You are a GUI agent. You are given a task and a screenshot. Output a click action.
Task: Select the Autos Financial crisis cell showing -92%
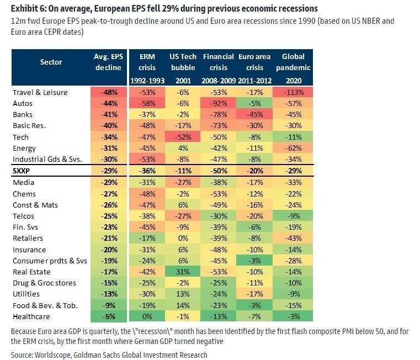coord(219,103)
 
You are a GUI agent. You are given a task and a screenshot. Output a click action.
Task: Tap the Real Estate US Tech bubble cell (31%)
coord(183,272)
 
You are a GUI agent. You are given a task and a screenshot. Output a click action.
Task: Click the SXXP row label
coord(23,171)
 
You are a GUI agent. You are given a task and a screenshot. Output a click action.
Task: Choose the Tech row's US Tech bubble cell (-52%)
coord(183,137)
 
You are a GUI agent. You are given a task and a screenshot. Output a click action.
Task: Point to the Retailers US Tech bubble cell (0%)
coord(183,238)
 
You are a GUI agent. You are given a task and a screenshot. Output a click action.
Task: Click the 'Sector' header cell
coord(51,62)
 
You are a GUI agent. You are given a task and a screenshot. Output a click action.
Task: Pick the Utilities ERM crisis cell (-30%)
coord(147,294)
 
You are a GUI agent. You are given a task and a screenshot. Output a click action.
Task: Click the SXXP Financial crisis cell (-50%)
coord(219,171)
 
